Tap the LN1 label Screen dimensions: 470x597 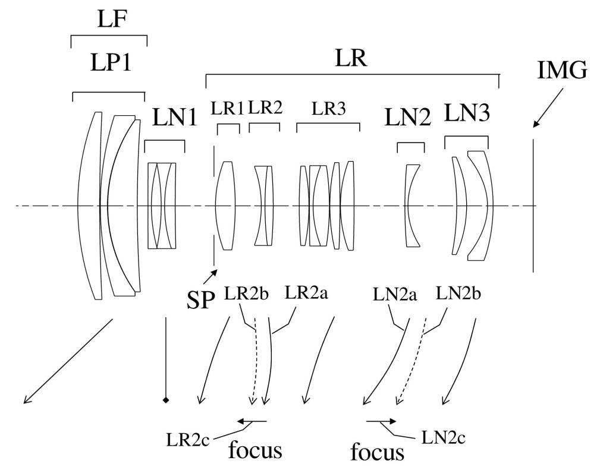pos(174,118)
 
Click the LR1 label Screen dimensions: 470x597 pos(227,109)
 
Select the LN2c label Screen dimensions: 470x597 pos(443,438)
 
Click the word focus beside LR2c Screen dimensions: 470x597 pos(254,449)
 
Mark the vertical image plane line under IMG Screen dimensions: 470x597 pos(533,205)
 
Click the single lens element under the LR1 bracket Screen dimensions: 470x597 pos(226,205)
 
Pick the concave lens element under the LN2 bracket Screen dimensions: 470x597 pos(410,205)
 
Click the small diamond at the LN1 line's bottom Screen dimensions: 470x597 pos(166,400)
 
